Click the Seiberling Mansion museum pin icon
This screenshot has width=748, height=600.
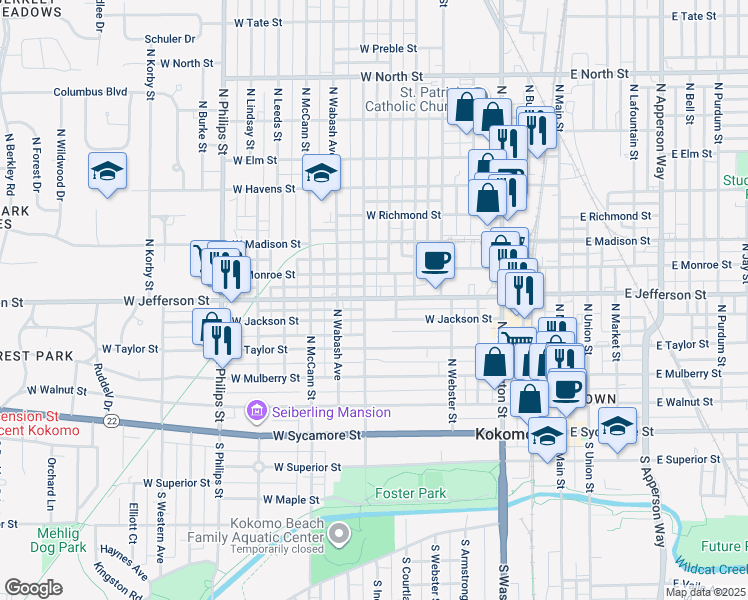click(x=257, y=411)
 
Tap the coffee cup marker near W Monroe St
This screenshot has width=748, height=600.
click(x=435, y=262)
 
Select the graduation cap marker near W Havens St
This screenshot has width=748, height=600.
click(x=321, y=174)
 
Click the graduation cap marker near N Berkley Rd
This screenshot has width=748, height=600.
click(x=107, y=171)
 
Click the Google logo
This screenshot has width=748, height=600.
click(x=33, y=588)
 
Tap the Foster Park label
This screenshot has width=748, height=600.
click(x=409, y=493)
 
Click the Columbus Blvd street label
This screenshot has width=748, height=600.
click(x=90, y=91)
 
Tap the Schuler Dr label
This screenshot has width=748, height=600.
click(x=169, y=39)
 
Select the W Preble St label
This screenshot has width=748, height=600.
click(x=388, y=48)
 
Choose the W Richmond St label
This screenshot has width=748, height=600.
click(x=403, y=215)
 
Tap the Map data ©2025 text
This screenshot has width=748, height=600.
click(x=706, y=592)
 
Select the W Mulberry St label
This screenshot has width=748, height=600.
click(x=265, y=379)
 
